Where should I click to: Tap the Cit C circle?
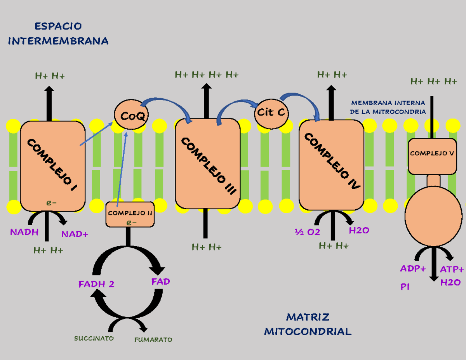272,113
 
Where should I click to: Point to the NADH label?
24,232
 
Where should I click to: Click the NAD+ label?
75,234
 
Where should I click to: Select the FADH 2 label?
96,284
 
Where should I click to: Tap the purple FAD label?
161,282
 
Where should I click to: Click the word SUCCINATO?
94,338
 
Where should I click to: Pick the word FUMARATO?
153,340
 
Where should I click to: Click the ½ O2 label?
307,232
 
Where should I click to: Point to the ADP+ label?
413,269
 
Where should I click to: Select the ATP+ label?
452,270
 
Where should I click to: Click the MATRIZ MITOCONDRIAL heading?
308,324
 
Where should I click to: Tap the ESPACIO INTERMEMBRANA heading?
58,33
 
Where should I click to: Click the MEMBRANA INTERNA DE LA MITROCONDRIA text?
388,107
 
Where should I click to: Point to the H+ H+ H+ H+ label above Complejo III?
207,74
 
